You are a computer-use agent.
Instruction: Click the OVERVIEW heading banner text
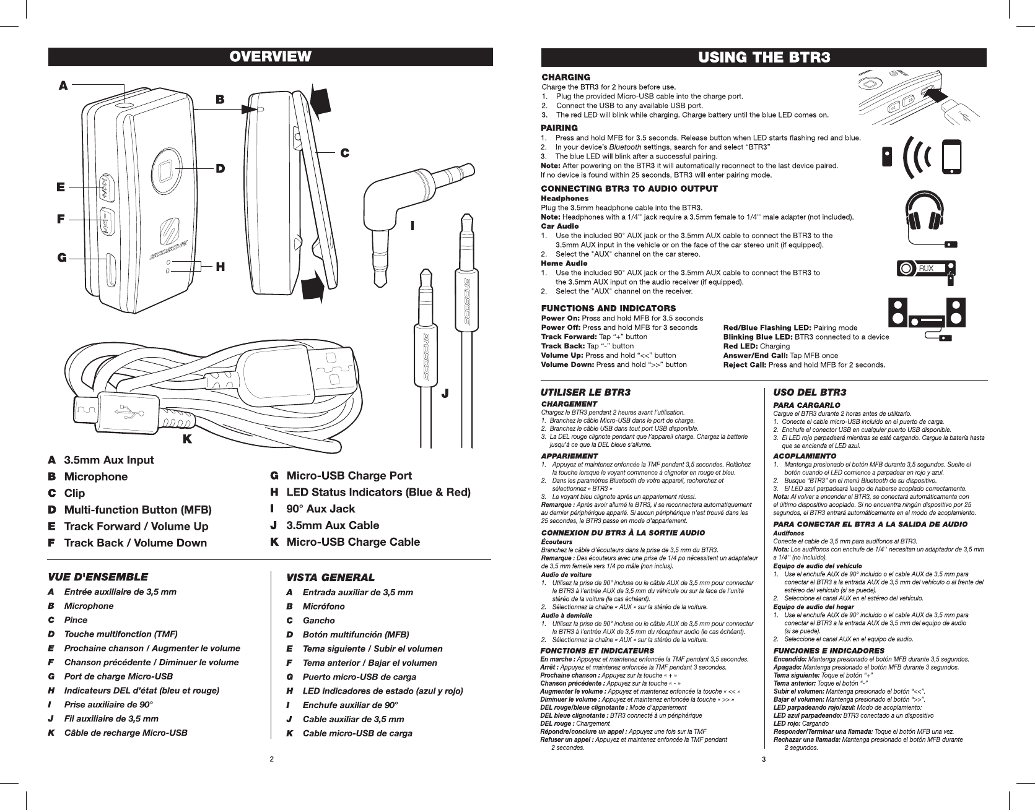coord(271,57)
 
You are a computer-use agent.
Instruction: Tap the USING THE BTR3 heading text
coord(764,58)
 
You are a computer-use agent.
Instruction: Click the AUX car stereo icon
coord(925,269)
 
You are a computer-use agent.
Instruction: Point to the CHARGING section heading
coord(566,77)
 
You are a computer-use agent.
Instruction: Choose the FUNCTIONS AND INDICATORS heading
coord(608,308)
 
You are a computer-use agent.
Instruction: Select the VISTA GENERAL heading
coord(330,577)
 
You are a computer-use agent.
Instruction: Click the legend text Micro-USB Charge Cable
coord(352,542)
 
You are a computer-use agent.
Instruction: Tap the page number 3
coord(764,759)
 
